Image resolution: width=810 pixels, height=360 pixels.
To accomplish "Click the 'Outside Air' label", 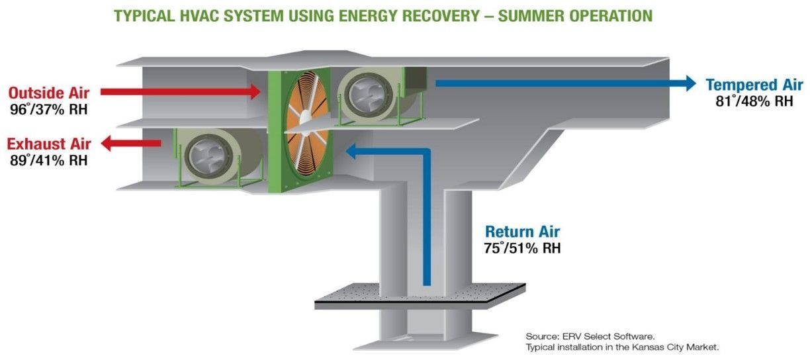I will (49, 93).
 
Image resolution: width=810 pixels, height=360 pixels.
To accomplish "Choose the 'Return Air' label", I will (522, 232).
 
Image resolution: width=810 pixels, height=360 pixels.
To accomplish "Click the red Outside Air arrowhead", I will (255, 92).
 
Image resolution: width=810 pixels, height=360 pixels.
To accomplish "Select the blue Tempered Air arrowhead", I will (690, 83).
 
